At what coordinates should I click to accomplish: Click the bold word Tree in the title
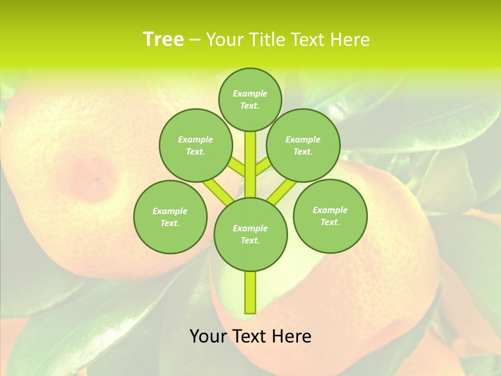pyautogui.click(x=163, y=40)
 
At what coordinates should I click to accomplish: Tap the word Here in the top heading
pyautogui.click(x=349, y=40)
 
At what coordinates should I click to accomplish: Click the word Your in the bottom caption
pyautogui.click(x=209, y=336)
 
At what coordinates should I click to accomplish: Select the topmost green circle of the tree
pyautogui.click(x=250, y=99)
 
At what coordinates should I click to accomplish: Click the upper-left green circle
pyautogui.click(x=196, y=145)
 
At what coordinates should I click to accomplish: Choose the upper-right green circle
pyautogui.click(x=303, y=145)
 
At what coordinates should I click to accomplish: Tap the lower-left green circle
pyautogui.click(x=170, y=217)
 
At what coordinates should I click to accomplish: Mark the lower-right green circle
pyautogui.click(x=330, y=216)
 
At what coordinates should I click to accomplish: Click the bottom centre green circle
pyautogui.click(x=250, y=234)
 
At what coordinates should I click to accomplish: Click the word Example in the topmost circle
pyautogui.click(x=250, y=93)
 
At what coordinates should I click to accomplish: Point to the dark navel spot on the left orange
pyautogui.click(x=97, y=180)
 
